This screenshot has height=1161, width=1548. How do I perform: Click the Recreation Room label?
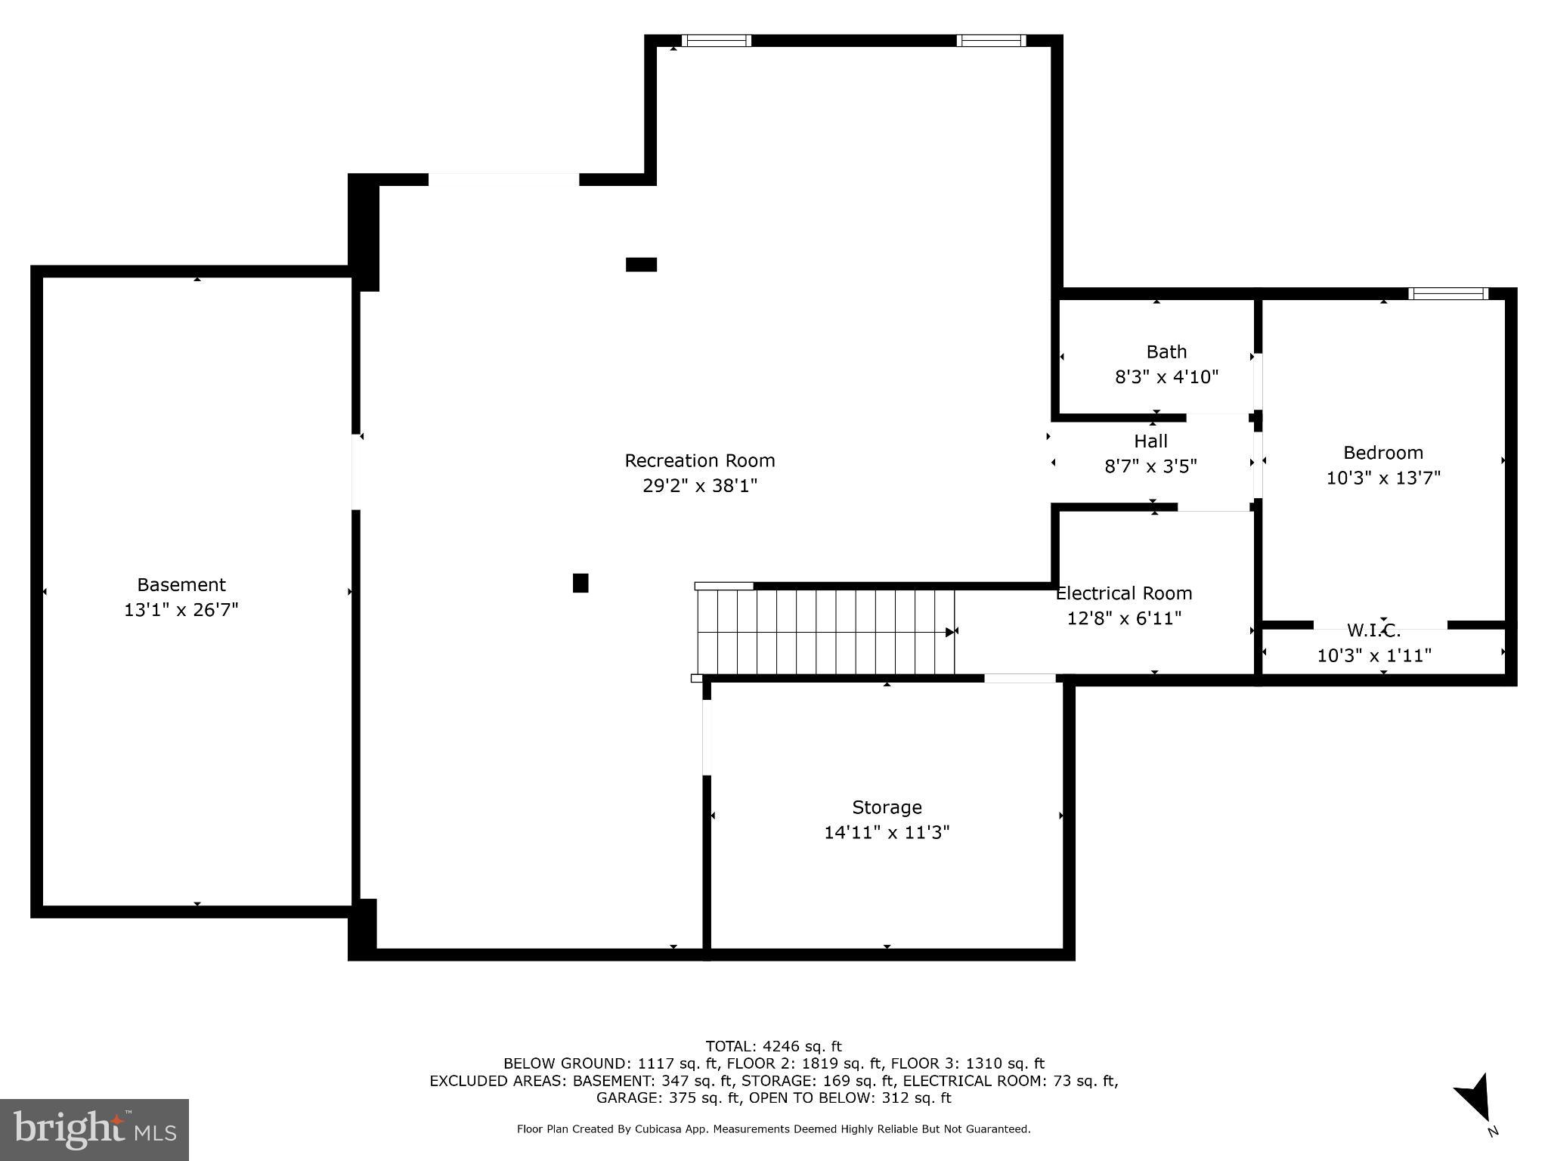point(699,460)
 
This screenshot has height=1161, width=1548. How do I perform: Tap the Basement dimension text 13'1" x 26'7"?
point(181,609)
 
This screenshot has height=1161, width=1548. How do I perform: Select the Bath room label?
point(1166,351)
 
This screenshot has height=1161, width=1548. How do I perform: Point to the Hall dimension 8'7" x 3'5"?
point(1150,466)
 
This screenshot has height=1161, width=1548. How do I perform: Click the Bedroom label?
point(1382,453)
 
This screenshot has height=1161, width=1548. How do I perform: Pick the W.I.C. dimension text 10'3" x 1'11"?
point(1374,655)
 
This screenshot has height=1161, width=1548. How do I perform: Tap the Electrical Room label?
point(1123,593)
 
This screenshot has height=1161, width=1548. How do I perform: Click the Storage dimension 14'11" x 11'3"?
point(886,832)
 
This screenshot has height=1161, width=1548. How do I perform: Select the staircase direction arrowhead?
point(949,632)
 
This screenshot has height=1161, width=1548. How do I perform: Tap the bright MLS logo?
point(94,1129)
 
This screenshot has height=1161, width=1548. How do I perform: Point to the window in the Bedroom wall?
point(1448,294)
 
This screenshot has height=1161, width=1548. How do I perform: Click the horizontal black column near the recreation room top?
point(641,265)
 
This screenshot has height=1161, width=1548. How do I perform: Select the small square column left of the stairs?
point(580,583)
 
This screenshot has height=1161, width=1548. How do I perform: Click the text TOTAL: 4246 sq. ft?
point(773,1046)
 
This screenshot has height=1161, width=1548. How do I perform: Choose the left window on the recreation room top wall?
point(716,41)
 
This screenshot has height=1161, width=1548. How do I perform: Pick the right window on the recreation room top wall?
point(991,41)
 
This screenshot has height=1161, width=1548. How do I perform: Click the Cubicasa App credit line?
point(773,1129)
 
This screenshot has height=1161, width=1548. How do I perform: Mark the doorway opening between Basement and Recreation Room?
point(356,472)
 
